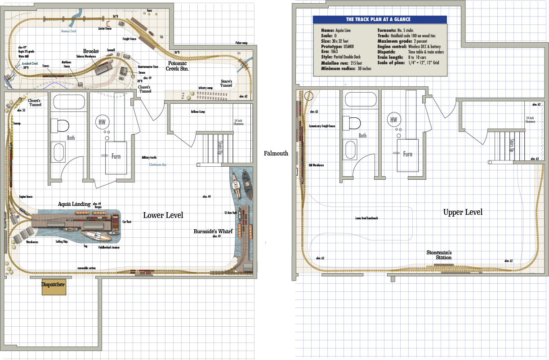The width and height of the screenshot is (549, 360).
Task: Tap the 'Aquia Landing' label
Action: point(74,204)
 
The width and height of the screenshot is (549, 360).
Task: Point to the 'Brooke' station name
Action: point(90,51)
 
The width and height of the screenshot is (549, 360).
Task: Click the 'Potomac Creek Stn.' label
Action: point(178,66)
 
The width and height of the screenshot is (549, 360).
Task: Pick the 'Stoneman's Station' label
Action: point(439,255)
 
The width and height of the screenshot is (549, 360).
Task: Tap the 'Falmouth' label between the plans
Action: point(276,153)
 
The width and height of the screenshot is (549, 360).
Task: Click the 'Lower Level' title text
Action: point(163,215)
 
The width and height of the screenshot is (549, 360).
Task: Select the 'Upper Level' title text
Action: point(463,212)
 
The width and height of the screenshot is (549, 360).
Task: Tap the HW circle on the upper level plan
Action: point(394,120)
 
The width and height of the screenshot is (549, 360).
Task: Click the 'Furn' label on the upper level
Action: point(407,154)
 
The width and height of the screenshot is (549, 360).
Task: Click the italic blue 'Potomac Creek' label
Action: point(69,31)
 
